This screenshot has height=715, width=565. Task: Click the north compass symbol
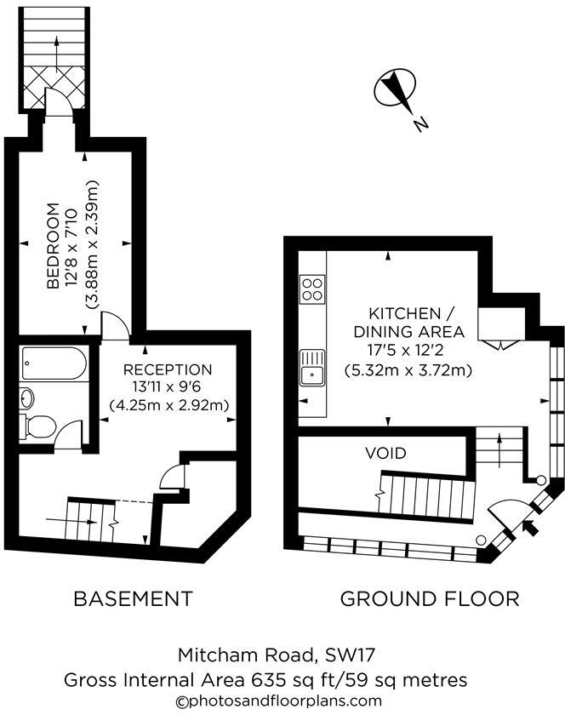(393, 89)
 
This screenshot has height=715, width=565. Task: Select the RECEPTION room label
(168, 369)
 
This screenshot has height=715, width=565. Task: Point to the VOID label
(385, 453)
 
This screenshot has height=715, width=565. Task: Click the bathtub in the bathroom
(53, 364)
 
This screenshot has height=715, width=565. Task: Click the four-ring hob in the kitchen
(311, 289)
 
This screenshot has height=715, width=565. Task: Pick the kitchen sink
(311, 368)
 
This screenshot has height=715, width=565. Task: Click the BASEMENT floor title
(133, 598)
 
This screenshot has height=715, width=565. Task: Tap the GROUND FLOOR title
(429, 598)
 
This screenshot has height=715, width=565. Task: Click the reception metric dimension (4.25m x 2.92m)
(169, 405)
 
